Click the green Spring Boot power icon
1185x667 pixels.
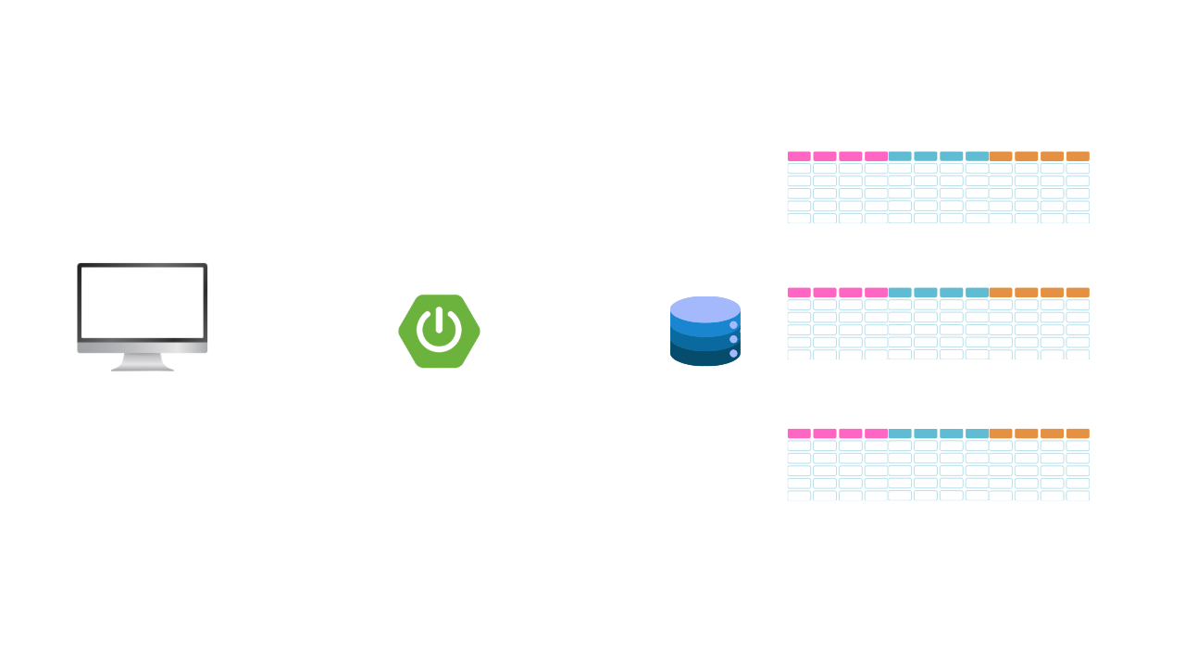pos(440,331)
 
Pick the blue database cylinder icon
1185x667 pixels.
pos(705,331)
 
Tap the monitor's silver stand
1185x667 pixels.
pos(143,360)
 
